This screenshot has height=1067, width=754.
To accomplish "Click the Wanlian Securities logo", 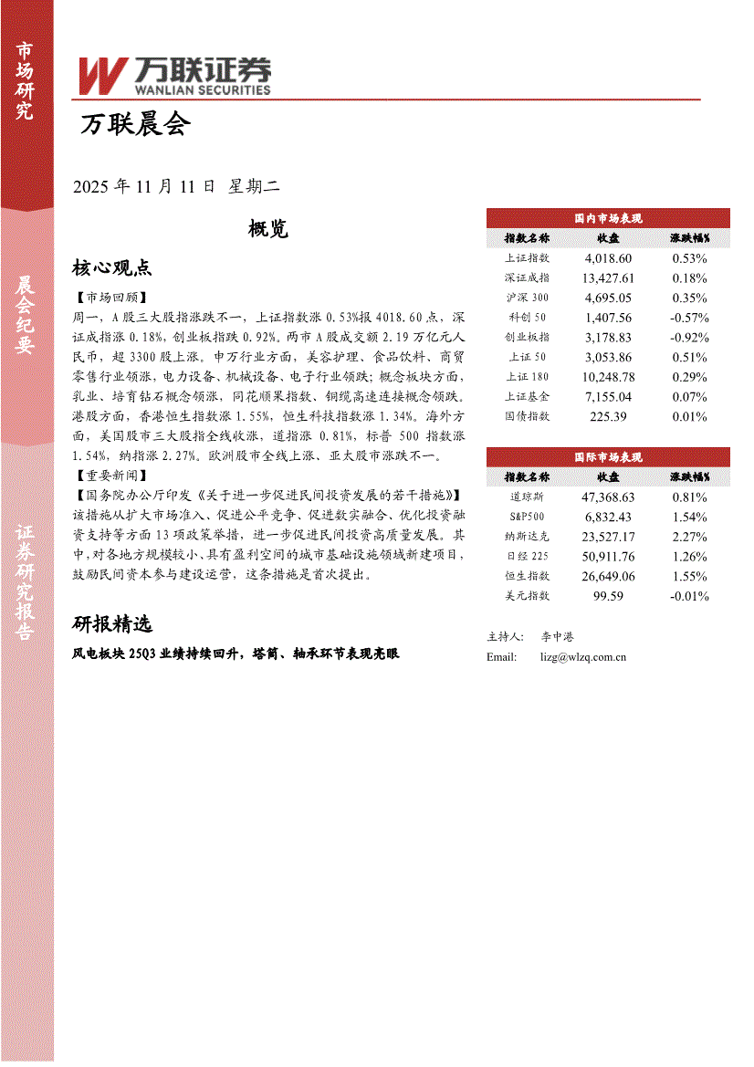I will click(x=173, y=76).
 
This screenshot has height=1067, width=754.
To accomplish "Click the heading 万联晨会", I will click(x=135, y=125).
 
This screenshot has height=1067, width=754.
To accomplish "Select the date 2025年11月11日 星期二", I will click(x=175, y=186).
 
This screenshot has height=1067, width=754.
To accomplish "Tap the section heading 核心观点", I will click(x=111, y=267).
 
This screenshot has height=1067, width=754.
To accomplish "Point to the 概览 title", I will click(x=268, y=229).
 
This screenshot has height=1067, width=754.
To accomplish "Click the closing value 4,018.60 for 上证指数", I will click(x=608, y=258).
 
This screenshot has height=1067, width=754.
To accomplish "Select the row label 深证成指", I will click(x=527, y=278).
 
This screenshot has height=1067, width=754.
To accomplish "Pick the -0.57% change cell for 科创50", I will click(x=688, y=318).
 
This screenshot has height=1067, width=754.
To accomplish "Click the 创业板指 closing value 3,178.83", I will click(x=608, y=338).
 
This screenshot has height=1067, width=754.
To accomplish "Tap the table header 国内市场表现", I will click(x=608, y=218).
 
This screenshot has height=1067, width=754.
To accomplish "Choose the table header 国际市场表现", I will click(x=608, y=457).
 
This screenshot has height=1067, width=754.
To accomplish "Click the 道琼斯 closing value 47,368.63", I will click(x=608, y=497).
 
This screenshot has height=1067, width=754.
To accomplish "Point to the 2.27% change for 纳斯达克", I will click(x=688, y=537).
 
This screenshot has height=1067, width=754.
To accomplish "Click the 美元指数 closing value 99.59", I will click(x=608, y=596).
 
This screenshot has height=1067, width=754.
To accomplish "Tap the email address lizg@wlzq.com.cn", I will click(x=583, y=656).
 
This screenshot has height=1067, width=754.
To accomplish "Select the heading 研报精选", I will click(x=111, y=624).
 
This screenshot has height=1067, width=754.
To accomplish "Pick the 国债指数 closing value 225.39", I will click(x=608, y=417).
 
